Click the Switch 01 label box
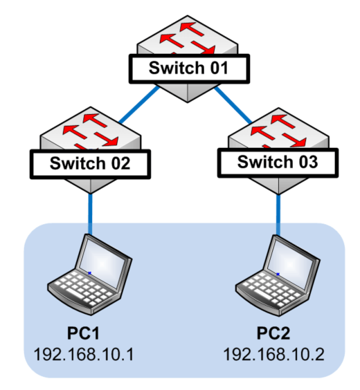189,68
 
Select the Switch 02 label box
91,164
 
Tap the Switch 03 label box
278,163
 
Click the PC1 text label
83,333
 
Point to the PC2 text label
273,333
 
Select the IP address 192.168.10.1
84,354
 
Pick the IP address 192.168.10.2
274,354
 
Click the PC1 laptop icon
90,275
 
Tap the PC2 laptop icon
278,276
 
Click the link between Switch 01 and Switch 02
139,104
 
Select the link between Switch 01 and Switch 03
233,104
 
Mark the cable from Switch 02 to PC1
90,214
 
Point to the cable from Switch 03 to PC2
278,215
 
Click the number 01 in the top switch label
219,68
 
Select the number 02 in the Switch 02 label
120,163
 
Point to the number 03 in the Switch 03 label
309,162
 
